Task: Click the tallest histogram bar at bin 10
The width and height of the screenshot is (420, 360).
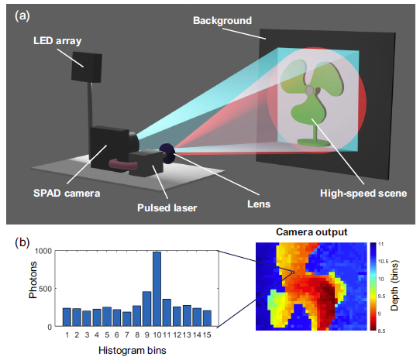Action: click(x=157, y=289)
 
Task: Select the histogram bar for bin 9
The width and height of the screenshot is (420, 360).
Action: click(x=146, y=309)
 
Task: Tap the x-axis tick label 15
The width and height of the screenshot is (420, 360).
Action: click(x=207, y=335)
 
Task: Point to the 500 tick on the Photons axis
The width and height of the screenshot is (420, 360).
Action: click(x=45, y=289)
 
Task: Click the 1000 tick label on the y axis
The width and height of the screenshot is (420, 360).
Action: click(x=43, y=251)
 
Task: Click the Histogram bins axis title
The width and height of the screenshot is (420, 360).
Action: click(x=133, y=351)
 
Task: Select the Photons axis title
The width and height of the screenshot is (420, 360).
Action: click(x=33, y=279)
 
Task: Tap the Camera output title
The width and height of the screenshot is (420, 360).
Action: click(x=312, y=231)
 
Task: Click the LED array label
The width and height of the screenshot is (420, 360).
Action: click(x=57, y=41)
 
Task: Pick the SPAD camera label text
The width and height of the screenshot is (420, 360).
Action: click(x=67, y=193)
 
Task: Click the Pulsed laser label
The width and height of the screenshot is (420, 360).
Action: click(x=167, y=207)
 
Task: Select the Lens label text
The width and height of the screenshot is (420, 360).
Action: click(x=259, y=204)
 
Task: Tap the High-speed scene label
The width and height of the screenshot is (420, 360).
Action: click(x=363, y=193)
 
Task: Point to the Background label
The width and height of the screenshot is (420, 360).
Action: click(x=222, y=21)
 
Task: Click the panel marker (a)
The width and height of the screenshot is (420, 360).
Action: click(x=22, y=16)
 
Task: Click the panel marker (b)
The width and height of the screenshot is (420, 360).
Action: click(x=22, y=242)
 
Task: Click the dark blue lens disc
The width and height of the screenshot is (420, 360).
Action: click(x=167, y=153)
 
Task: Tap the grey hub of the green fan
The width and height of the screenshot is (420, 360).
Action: click(x=310, y=91)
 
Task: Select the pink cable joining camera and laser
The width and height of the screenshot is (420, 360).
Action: click(x=123, y=164)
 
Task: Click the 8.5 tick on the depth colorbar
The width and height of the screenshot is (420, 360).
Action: click(x=381, y=331)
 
